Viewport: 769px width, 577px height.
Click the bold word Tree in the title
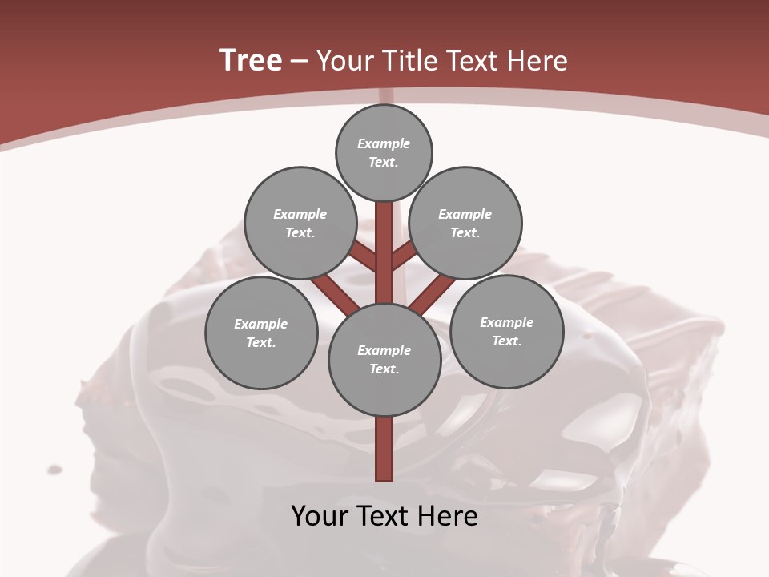tap(251, 60)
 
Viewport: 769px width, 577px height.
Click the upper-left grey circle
tap(300, 223)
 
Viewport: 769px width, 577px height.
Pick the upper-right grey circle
tap(465, 223)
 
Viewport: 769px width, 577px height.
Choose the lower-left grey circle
tap(261, 333)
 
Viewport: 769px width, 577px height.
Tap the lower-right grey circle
tap(506, 331)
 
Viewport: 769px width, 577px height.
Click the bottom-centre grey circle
tap(384, 359)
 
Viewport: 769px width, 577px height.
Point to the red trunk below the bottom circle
tap(384, 449)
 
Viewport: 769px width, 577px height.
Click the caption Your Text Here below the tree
tap(384, 516)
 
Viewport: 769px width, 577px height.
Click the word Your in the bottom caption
tap(320, 516)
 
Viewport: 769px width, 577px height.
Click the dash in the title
tap(299, 61)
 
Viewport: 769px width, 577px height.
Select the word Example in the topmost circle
tap(384, 143)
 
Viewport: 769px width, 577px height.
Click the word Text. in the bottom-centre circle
tap(384, 369)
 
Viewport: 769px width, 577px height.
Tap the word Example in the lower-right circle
tap(506, 322)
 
